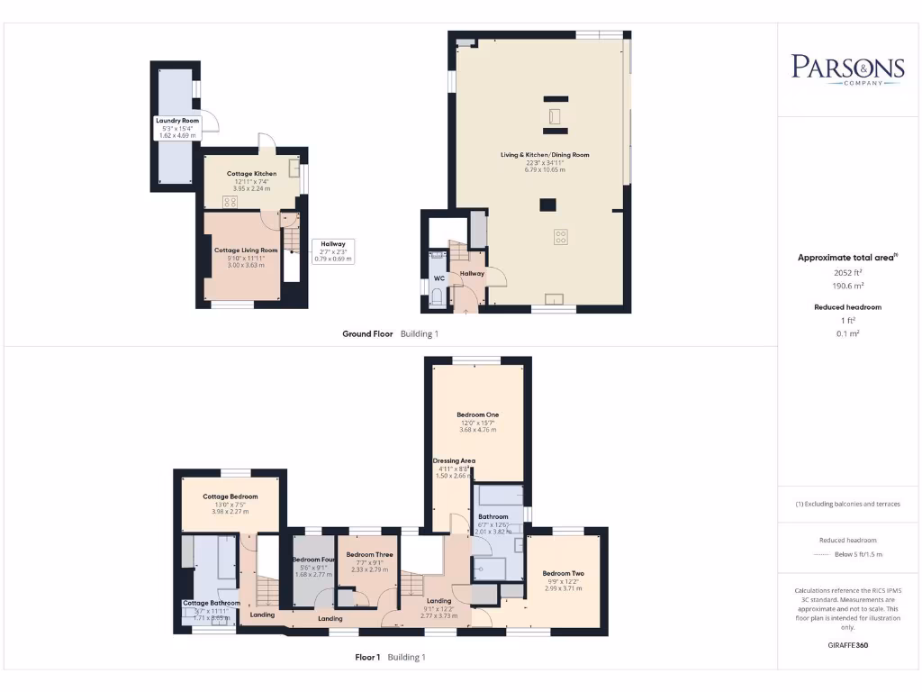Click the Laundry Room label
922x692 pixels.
point(177,121)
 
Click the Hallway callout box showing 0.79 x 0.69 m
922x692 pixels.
point(333,250)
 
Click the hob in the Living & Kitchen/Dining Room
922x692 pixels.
point(560,238)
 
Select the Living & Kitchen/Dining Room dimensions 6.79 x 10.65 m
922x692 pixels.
point(545,169)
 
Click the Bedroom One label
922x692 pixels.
point(477,414)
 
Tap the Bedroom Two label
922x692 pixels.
point(564,573)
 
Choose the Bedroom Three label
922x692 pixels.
point(369,554)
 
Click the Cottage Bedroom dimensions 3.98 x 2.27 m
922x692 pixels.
point(230,512)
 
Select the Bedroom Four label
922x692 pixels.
point(313,560)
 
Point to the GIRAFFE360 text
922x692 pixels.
point(847,645)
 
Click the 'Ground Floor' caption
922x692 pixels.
point(367,333)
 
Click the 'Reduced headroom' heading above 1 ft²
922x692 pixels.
point(847,307)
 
